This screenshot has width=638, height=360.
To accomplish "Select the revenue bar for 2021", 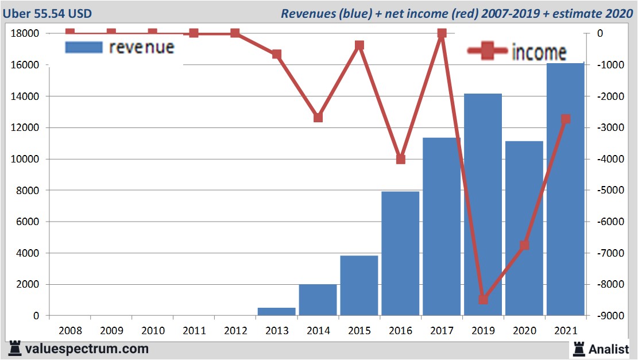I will pos(565,189).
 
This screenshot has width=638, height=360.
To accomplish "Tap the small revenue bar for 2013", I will pos(276,312).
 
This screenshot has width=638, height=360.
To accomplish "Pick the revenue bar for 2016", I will pos(400,253).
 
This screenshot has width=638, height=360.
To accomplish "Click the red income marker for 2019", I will pos(483,299).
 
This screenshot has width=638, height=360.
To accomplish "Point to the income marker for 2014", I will pos(318,117).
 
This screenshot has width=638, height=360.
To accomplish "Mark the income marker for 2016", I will pos(401,159).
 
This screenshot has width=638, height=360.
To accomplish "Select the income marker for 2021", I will pos(566,119).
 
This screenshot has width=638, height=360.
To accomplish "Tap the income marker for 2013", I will pos(277,55).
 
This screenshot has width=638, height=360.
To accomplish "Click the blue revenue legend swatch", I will pos(84,47).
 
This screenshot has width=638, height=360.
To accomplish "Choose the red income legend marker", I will pos(488,52).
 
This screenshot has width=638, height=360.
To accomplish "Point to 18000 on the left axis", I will pos(25,33).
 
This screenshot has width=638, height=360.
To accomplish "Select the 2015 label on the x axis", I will pos(359,331).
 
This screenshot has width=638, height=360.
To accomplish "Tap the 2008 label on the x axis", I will pos(70,331).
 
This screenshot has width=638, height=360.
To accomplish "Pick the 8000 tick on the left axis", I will pos(28,190).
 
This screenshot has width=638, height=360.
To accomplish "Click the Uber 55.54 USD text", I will pos(47,13).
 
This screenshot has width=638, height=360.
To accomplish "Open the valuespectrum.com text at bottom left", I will pos(86,349).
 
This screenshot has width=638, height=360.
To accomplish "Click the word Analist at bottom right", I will pos(609,349).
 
